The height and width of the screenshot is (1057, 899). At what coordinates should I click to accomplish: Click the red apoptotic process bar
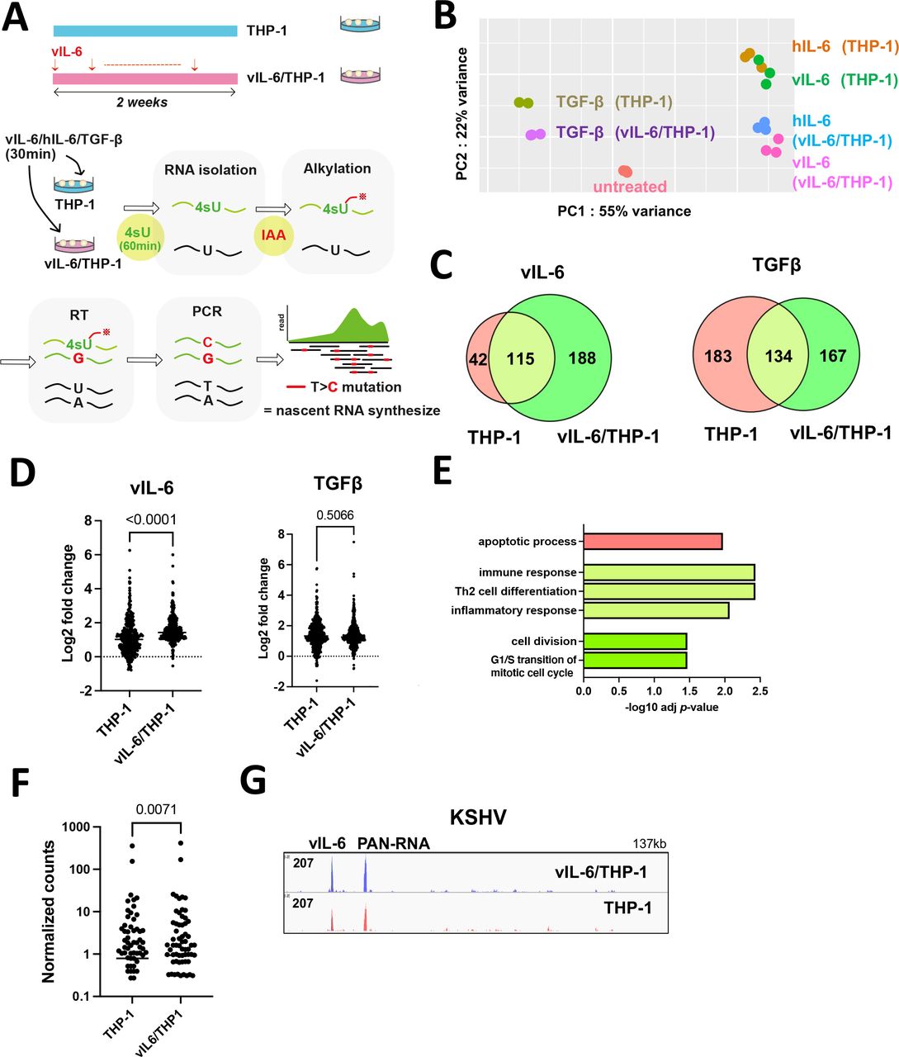pyautogui.click(x=652, y=542)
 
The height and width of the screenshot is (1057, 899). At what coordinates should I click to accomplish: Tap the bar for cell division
pyautogui.click(x=634, y=641)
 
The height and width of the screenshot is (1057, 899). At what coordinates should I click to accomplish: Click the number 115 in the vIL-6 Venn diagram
pyautogui.click(x=521, y=359)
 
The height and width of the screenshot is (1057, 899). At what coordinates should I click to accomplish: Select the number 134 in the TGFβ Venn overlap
pyautogui.click(x=778, y=356)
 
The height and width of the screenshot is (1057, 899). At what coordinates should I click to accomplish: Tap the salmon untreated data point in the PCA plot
pyautogui.click(x=625, y=171)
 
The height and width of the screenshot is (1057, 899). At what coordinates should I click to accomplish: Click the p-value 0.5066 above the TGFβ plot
pyautogui.click(x=335, y=515)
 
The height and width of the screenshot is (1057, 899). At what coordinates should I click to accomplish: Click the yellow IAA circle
pyautogui.click(x=273, y=235)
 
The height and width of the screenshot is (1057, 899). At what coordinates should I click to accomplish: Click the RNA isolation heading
pyautogui.click(x=210, y=170)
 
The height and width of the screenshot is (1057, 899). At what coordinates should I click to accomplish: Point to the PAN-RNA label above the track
pyautogui.click(x=393, y=843)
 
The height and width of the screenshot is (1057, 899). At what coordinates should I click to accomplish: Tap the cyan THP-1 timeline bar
pyautogui.click(x=145, y=31)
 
